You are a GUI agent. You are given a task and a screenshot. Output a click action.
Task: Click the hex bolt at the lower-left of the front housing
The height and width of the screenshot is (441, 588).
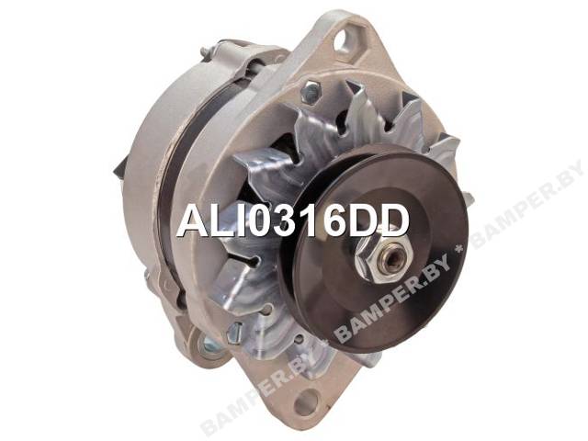pos(233,331)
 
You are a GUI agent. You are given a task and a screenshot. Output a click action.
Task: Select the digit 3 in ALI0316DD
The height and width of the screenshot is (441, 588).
pos(292,222)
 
